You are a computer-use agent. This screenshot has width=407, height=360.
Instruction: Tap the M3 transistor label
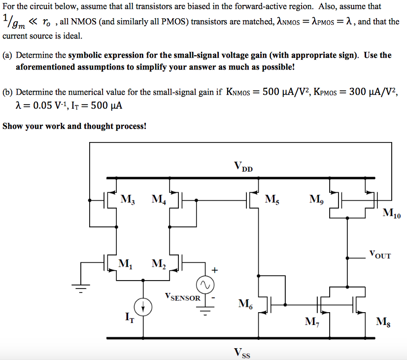(128, 200)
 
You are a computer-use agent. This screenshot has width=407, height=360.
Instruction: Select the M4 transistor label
(159, 200)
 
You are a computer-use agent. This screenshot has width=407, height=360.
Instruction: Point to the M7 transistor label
(311, 322)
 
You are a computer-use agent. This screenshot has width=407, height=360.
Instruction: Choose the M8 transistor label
(381, 322)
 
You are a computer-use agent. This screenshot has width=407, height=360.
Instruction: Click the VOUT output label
(379, 255)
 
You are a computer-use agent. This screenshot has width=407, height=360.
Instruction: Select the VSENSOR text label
(183, 298)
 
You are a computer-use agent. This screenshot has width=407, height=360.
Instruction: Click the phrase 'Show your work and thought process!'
(74, 126)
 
